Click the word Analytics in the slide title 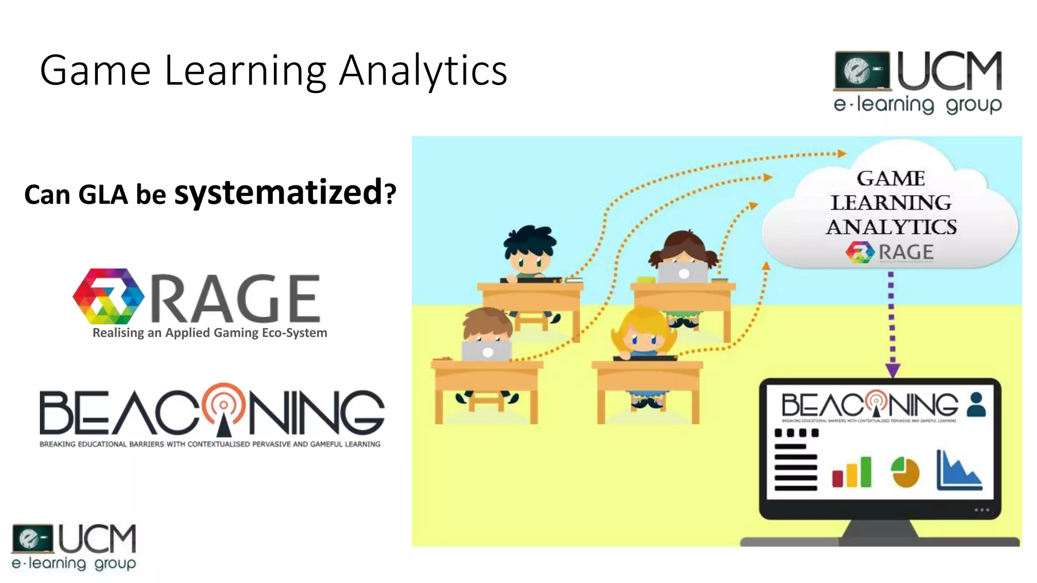(423, 71)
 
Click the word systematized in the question (278, 193)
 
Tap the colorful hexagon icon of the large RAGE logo (108, 297)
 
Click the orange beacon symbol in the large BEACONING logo (223, 407)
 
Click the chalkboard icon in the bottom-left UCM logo (32, 538)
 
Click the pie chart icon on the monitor (905, 472)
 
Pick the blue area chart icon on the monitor (959, 472)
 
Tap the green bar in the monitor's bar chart (866, 471)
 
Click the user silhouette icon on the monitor (976, 404)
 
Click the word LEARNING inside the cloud (891, 203)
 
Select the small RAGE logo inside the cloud (890, 252)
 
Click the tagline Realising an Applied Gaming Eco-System (210, 333)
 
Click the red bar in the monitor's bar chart (837, 478)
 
